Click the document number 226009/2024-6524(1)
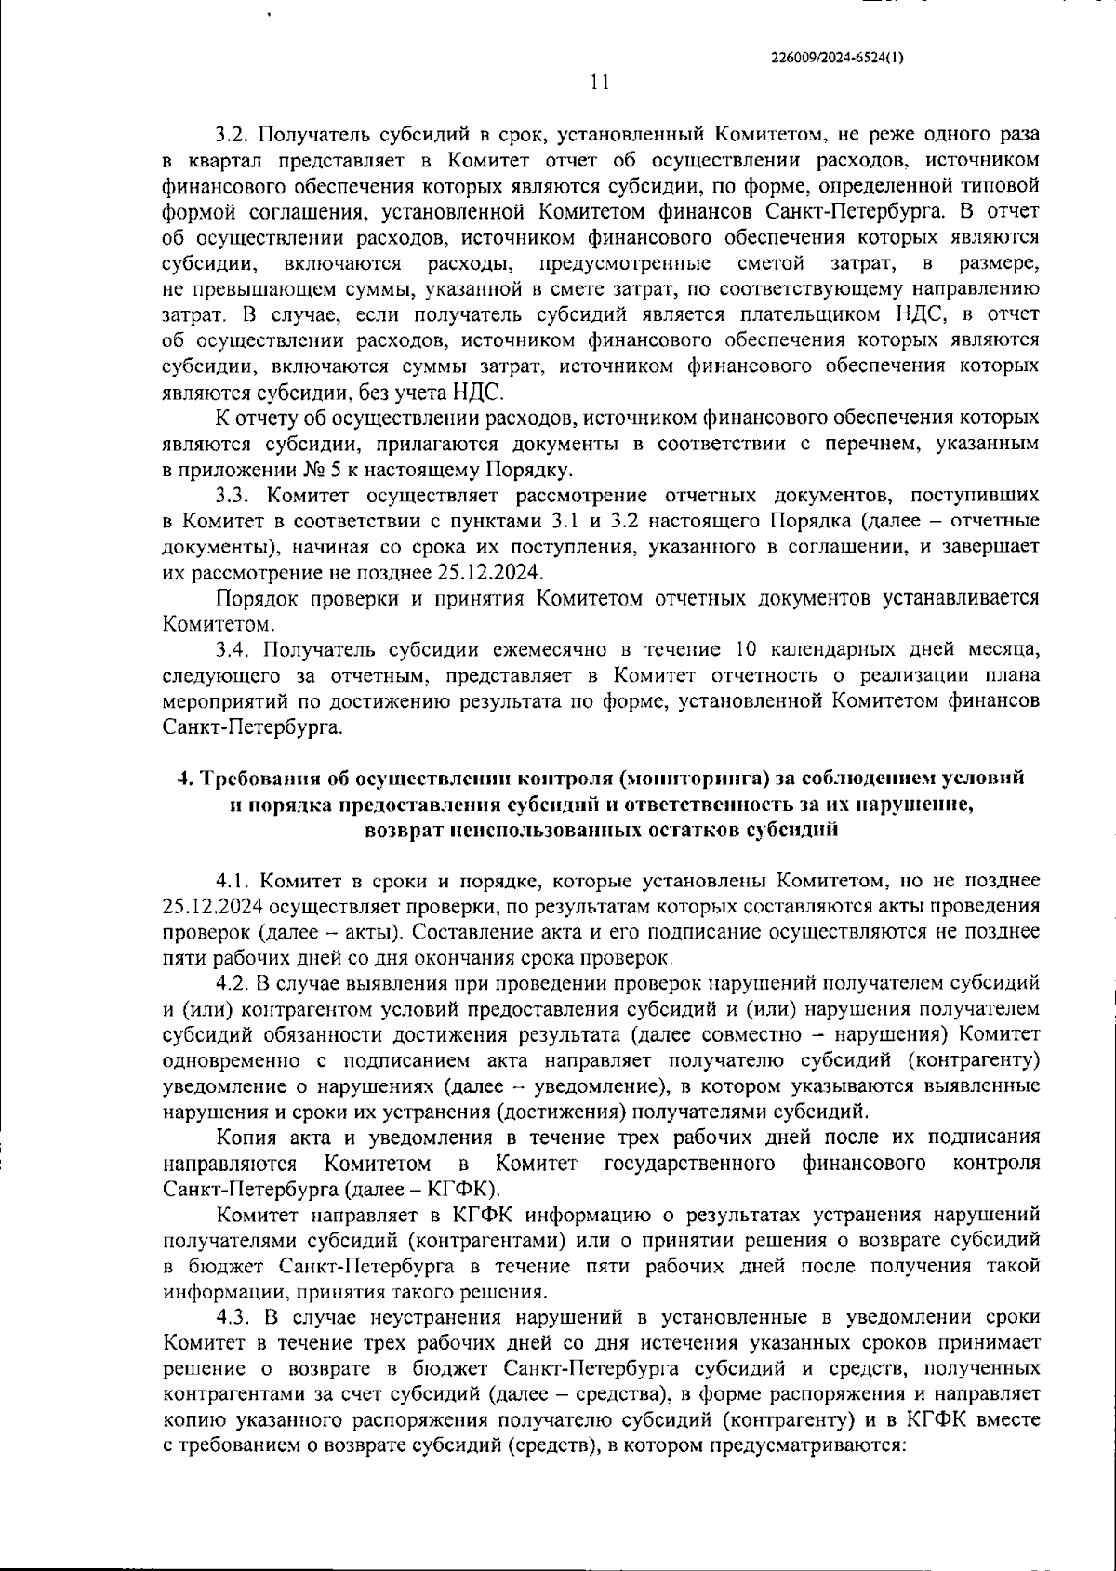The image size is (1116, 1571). coord(838,56)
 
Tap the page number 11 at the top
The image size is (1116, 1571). coord(600,83)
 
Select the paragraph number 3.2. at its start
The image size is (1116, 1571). coord(232,135)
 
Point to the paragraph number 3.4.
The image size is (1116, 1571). coord(232,648)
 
